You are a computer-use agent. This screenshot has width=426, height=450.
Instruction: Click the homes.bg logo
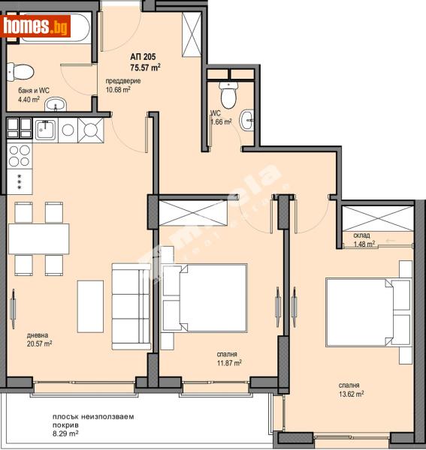[36, 27]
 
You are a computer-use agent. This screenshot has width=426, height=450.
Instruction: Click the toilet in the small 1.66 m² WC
[228, 94]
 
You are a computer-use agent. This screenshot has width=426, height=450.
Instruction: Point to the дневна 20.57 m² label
[37, 339]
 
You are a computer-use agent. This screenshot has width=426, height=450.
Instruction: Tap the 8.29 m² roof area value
[66, 433]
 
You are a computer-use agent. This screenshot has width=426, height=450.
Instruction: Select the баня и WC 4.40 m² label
[33, 94]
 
